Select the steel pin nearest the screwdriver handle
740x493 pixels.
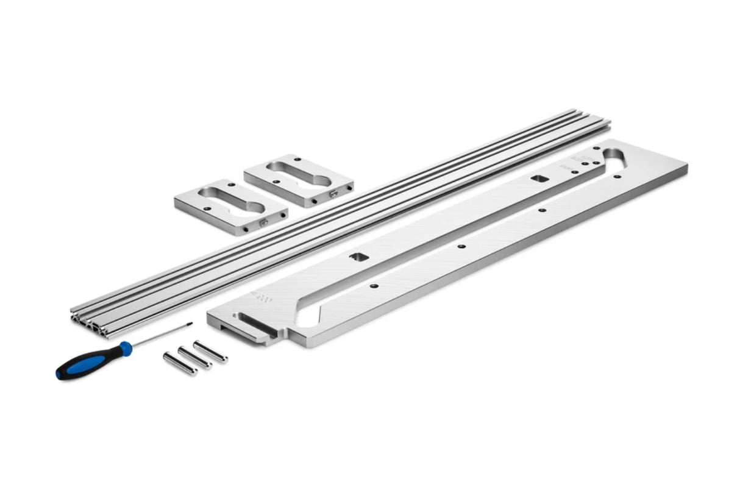[x=180, y=364]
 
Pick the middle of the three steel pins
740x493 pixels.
[x=194, y=358]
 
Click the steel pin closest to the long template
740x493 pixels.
[x=210, y=352]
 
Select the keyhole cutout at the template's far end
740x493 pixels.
[x=616, y=157]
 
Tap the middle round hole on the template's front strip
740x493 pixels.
[x=461, y=247]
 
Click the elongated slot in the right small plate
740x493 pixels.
[x=299, y=174]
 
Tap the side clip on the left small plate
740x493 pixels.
[x=262, y=224]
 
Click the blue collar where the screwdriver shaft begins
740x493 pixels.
[x=125, y=348]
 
